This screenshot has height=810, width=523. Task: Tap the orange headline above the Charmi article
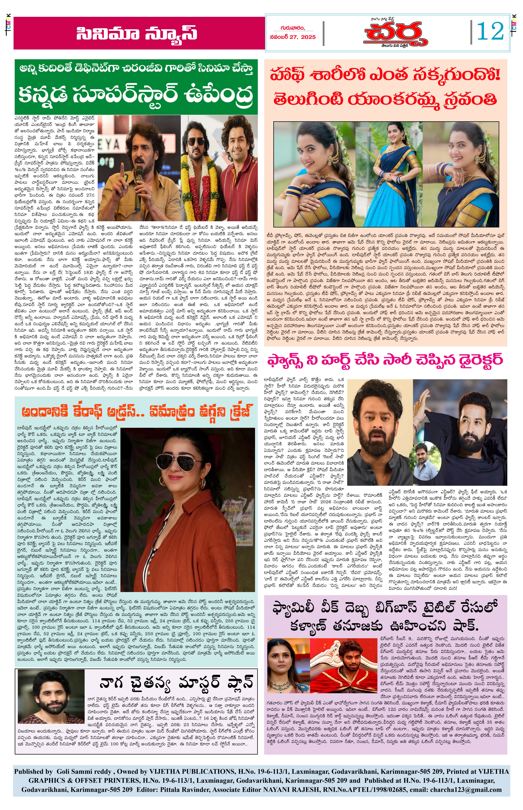click(x=137, y=412)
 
